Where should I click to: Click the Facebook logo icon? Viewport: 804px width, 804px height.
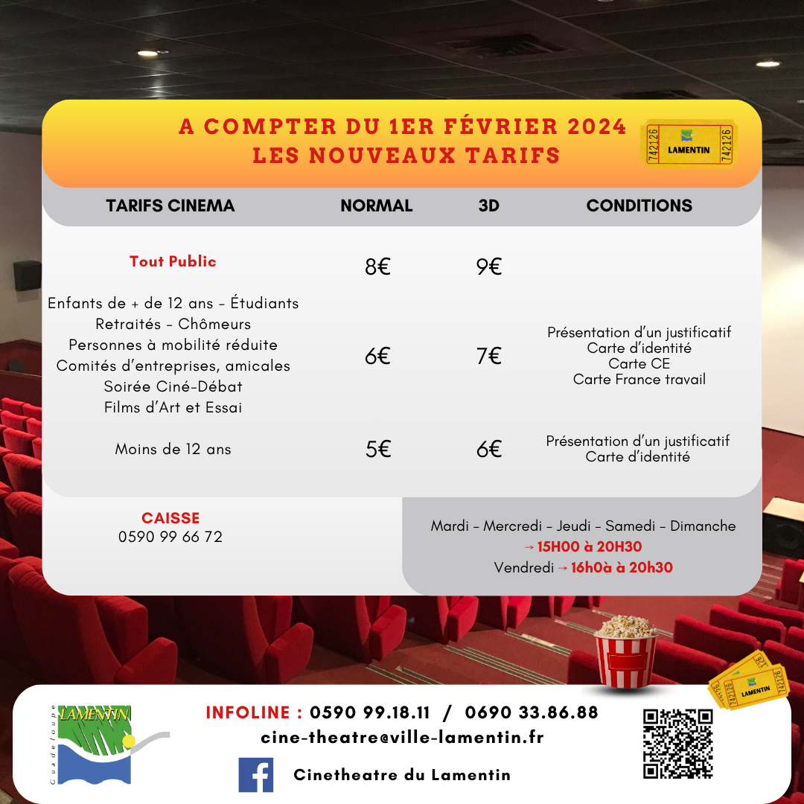pyautogui.click(x=255, y=774)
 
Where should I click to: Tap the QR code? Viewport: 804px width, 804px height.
pyautogui.click(x=677, y=743)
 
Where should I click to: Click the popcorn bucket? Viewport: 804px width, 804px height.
pyautogui.click(x=625, y=651)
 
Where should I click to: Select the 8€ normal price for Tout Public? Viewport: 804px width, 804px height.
pyautogui.click(x=377, y=267)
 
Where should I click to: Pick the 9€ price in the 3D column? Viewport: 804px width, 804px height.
pyautogui.click(x=489, y=267)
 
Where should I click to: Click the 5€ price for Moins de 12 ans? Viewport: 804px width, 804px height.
pyautogui.click(x=377, y=450)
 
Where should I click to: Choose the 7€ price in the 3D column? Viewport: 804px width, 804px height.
pyautogui.click(x=489, y=357)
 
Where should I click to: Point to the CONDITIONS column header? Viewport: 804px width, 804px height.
pyautogui.click(x=639, y=206)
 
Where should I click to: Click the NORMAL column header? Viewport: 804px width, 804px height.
pyautogui.click(x=376, y=206)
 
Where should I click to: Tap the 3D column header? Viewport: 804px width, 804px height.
pyautogui.click(x=488, y=206)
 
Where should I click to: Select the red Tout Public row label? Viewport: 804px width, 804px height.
pyautogui.click(x=173, y=261)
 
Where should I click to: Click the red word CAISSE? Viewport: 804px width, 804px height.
pyautogui.click(x=170, y=518)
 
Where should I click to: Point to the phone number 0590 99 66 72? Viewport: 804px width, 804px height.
pyautogui.click(x=170, y=537)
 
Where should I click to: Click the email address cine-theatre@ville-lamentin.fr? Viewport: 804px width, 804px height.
pyautogui.click(x=402, y=738)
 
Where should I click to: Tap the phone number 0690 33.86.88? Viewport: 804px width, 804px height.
pyautogui.click(x=532, y=712)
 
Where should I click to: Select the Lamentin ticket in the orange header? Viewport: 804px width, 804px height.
pyautogui.click(x=689, y=144)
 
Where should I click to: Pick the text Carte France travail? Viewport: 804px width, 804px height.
pyautogui.click(x=639, y=380)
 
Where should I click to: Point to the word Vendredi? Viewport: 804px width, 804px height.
pyautogui.click(x=523, y=568)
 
